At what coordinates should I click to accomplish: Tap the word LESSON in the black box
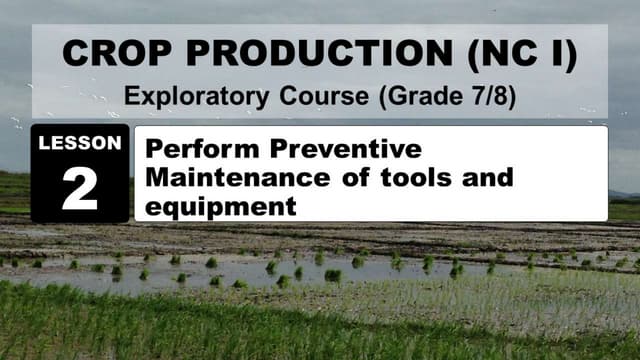point(80,143)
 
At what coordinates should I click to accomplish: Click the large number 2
point(80,188)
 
